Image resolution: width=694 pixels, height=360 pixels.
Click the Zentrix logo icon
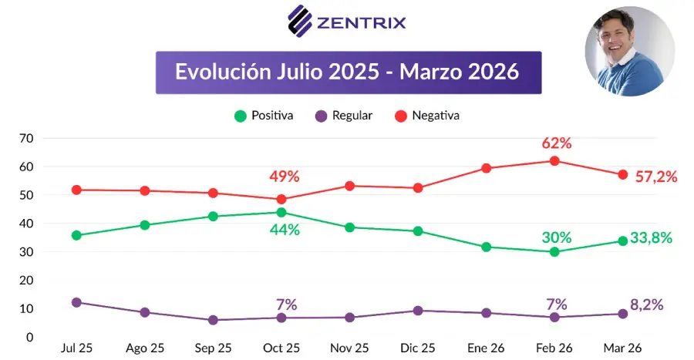tap(300, 22)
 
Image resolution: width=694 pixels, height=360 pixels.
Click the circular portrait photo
tap(630, 52)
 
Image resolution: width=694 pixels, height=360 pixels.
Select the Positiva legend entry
tap(264, 116)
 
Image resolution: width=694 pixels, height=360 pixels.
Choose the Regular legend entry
tap(344, 116)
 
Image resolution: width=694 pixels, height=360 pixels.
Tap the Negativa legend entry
tap(427, 116)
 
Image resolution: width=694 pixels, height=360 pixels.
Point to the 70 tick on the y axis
tap(26, 139)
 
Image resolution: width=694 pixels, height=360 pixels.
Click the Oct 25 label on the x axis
tap(281, 348)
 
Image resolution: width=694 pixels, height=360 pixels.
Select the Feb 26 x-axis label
tap(554, 348)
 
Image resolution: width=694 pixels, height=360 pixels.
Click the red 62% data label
tap(556, 143)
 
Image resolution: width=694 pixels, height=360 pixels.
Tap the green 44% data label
tap(285, 230)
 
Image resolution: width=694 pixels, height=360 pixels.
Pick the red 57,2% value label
tap(656, 177)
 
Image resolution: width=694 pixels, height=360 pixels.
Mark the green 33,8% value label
tap(651, 238)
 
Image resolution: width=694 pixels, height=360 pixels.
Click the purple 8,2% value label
tap(647, 304)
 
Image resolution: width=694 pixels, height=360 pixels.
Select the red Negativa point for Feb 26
tap(554, 161)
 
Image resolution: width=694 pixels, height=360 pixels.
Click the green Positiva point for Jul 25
tap(76, 235)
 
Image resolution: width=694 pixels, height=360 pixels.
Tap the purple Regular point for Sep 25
tap(213, 320)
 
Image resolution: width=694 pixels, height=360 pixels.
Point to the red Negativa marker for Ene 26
tap(486, 168)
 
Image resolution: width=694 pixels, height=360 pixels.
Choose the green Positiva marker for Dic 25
tap(418, 230)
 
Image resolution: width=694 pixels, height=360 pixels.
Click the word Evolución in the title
tap(223, 72)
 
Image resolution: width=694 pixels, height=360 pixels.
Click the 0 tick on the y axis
tap(29, 337)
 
